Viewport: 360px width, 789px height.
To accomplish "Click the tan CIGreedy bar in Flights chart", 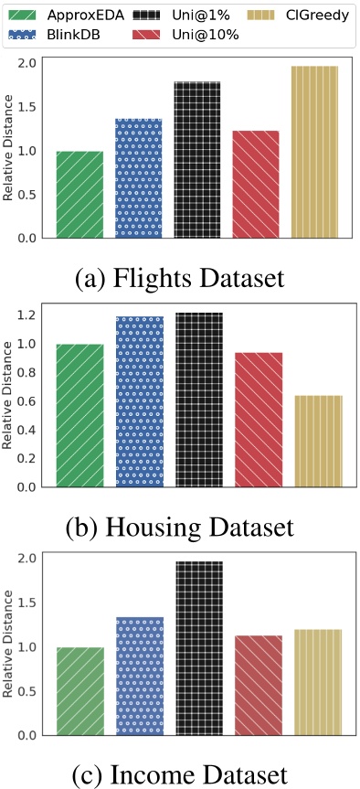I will click(314, 152).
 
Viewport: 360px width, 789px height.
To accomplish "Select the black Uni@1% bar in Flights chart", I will click(198, 160).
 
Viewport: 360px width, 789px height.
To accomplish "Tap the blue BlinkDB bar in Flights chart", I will click(139, 178).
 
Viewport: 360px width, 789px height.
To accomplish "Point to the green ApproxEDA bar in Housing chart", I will click(79, 416).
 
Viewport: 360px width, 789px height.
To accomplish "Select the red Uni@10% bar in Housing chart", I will click(257, 420).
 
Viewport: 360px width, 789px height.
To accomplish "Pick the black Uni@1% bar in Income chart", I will click(198, 648).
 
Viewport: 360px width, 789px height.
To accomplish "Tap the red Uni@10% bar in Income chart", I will click(257, 686).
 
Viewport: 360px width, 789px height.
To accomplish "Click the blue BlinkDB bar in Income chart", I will click(139, 677).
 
